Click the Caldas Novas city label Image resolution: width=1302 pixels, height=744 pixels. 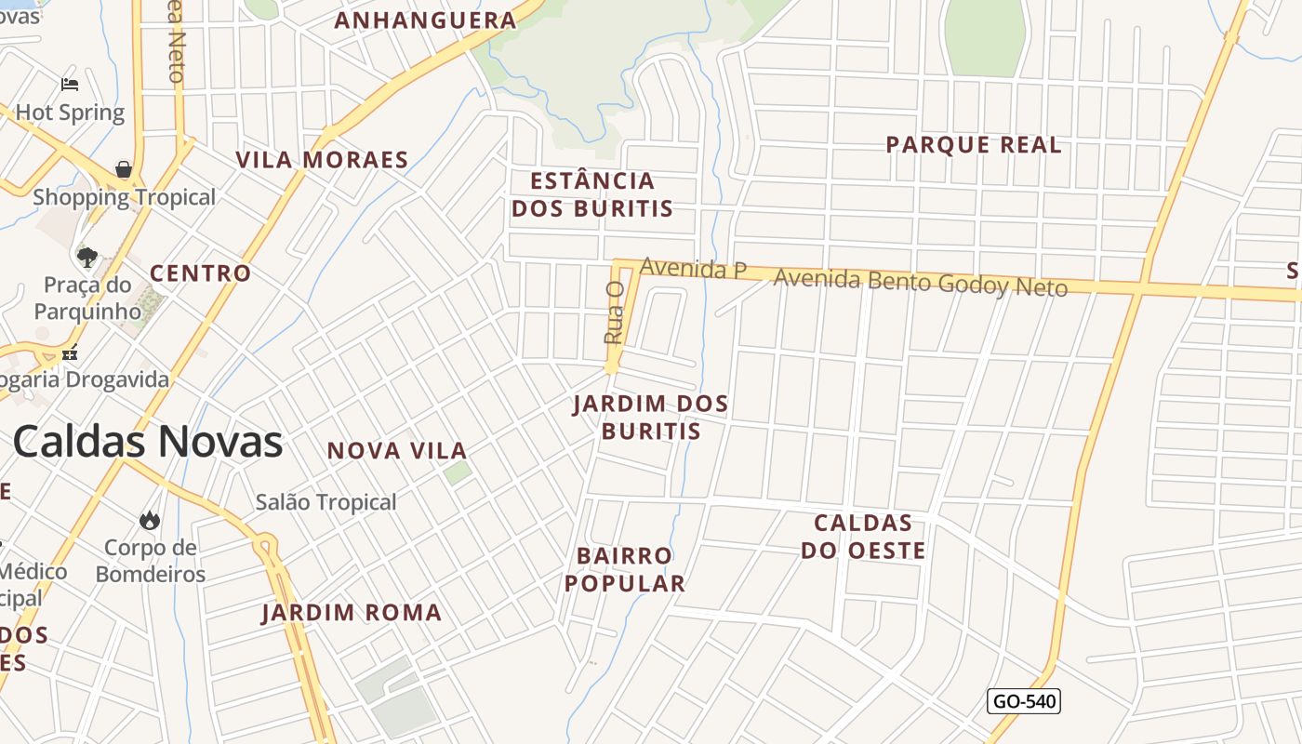(148, 442)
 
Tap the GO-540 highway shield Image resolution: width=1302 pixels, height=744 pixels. (1024, 701)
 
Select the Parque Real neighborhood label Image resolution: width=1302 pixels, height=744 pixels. (973, 145)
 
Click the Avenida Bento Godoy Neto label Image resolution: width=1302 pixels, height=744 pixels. (920, 282)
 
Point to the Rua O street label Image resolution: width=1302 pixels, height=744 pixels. (614, 313)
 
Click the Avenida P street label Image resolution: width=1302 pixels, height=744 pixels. (693, 269)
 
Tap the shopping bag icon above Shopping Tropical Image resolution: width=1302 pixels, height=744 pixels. (124, 169)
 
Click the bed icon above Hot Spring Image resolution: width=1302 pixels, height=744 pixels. (70, 85)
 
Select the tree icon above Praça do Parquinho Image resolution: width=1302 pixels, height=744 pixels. (87, 257)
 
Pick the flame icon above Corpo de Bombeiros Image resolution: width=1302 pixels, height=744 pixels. (150, 520)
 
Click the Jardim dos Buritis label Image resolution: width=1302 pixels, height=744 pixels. (650, 418)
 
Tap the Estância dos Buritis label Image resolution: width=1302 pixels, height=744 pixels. (592, 194)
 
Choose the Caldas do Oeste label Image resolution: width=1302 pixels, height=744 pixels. (863, 537)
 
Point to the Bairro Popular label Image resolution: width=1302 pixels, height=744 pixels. (625, 569)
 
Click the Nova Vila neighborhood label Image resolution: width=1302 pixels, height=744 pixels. (397, 451)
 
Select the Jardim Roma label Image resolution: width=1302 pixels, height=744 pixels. (352, 613)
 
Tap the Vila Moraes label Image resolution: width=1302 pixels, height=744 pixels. (322, 160)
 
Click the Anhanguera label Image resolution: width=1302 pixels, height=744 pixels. (425, 20)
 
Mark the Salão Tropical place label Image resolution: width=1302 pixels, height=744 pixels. (326, 502)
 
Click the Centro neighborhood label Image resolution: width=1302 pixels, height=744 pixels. (201, 273)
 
